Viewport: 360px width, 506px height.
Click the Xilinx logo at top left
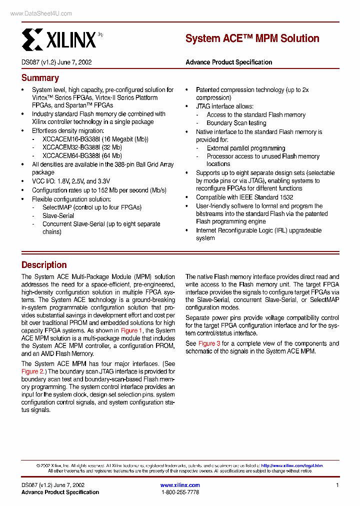[59, 39]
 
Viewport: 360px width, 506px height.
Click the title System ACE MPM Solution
[252, 38]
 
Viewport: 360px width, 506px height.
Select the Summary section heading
[40, 78]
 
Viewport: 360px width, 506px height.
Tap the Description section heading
[44, 265]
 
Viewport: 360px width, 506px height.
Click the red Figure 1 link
[131, 330]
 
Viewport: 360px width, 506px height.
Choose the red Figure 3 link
[209, 343]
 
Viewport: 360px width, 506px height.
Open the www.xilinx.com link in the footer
[180, 485]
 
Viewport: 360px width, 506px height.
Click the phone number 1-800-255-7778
[180, 492]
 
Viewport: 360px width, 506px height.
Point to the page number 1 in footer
[337, 485]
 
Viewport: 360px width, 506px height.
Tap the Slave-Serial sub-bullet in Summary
[58, 216]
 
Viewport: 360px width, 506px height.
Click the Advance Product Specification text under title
[228, 62]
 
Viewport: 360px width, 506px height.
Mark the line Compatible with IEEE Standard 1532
[244, 197]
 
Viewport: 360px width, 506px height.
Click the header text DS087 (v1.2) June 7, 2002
[56, 62]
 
